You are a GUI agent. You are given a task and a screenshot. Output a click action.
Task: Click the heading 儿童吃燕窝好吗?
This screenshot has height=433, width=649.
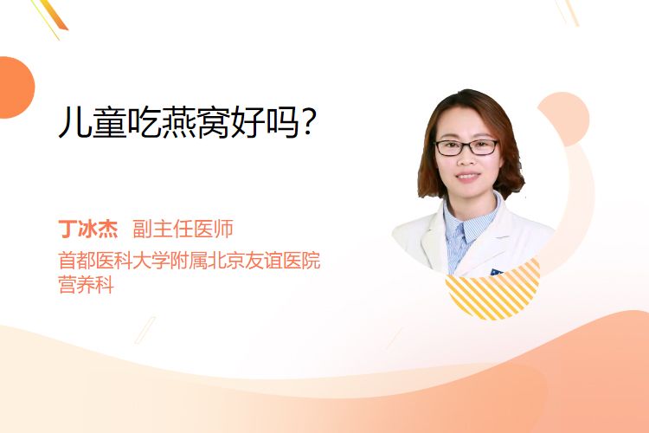tap(188, 122)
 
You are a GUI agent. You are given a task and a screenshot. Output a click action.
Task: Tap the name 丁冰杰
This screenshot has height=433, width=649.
tap(88, 229)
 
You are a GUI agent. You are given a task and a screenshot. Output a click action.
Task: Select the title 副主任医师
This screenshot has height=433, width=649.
tap(183, 229)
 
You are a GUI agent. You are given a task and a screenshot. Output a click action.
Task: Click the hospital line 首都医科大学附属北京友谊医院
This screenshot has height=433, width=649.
tap(190, 261)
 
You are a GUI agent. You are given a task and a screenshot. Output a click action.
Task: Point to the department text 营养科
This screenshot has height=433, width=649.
tap(86, 285)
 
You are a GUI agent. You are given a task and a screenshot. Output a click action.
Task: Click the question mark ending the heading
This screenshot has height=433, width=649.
tap(308, 122)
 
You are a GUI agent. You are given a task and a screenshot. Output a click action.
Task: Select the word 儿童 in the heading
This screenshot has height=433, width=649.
tap(93, 122)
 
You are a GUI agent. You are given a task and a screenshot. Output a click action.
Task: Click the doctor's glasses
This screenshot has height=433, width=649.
tap(466, 147)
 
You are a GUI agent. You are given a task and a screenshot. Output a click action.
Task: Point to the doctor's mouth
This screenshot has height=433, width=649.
tap(467, 176)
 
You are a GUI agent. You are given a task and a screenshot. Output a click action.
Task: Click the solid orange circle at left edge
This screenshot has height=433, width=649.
tap(15, 87)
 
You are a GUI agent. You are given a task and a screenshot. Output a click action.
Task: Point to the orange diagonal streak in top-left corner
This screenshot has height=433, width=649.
tap(51, 16)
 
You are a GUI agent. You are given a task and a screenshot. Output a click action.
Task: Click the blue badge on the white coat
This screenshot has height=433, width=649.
tap(497, 272)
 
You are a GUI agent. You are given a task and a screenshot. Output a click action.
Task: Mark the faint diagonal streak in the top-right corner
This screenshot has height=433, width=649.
tap(568, 12)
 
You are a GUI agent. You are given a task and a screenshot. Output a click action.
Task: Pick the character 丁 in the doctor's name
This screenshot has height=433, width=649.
tap(67, 229)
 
